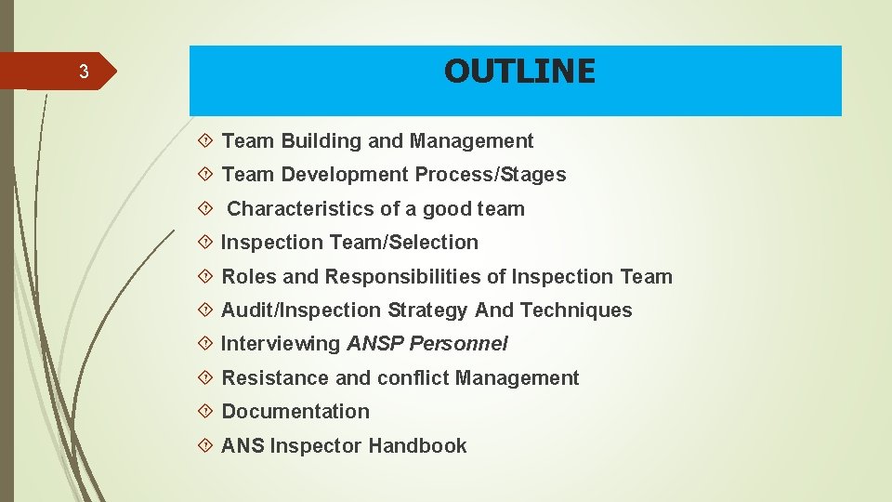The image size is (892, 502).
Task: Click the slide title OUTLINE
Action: tap(519, 71)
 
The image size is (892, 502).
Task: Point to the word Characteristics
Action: tap(294, 209)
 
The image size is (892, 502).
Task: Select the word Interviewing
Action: tap(281, 344)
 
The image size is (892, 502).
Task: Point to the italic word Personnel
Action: tap(459, 344)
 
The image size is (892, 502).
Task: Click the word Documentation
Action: tap(295, 412)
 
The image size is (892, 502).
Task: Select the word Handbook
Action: tap(417, 446)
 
